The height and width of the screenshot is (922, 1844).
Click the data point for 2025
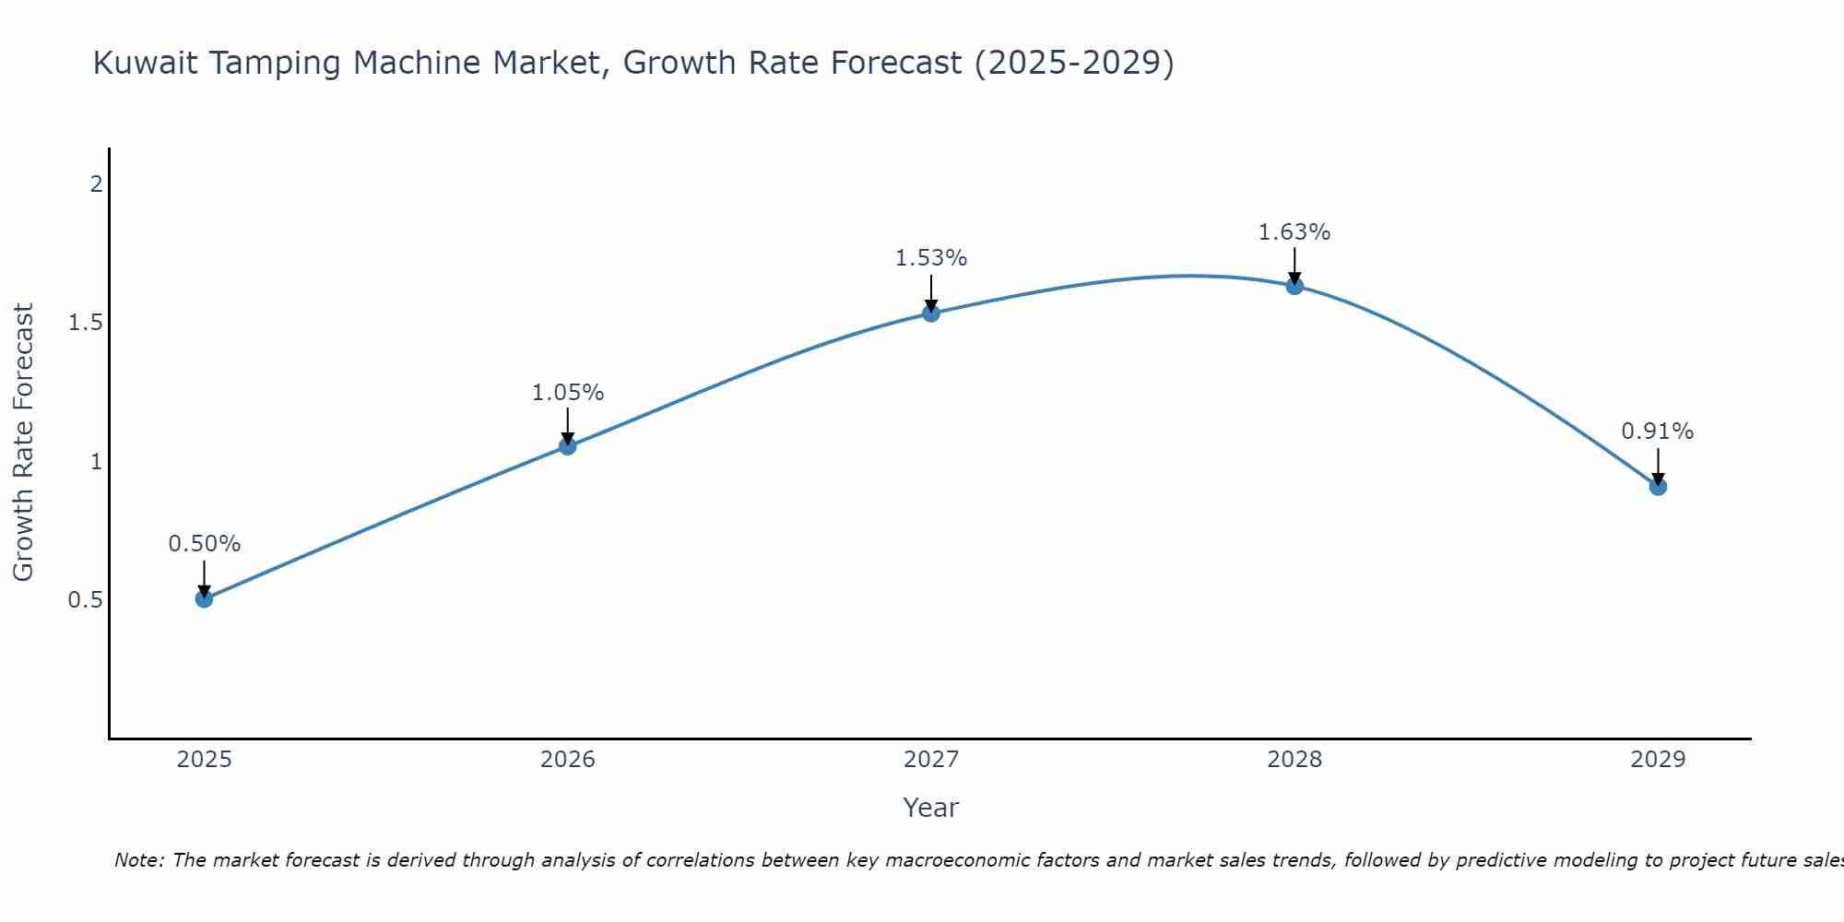point(204,599)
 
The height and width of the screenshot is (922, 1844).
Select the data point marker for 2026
point(567,446)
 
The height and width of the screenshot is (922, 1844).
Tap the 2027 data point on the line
point(931,313)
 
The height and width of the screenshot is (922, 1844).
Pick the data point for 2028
point(1294,286)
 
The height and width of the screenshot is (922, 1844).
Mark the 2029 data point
point(1658,486)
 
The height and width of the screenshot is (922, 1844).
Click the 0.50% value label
point(204,544)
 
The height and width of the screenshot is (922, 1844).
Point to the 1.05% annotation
point(567,393)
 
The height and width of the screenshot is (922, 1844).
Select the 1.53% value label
point(931,258)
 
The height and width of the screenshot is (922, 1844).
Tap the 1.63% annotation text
point(1294,232)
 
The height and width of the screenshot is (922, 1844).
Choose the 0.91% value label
point(1658,431)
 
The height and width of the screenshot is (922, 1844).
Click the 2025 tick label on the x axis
point(204,760)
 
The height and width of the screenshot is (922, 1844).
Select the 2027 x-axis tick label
point(931,760)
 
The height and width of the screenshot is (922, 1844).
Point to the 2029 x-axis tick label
point(1658,760)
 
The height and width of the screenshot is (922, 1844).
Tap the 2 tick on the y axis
point(96,184)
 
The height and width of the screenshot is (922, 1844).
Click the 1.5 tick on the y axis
point(85,323)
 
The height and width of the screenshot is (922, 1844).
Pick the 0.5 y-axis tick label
point(85,600)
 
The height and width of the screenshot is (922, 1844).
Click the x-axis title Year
point(931,808)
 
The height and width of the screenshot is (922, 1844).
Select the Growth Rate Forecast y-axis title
point(23,443)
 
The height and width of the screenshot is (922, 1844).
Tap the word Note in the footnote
point(138,860)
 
